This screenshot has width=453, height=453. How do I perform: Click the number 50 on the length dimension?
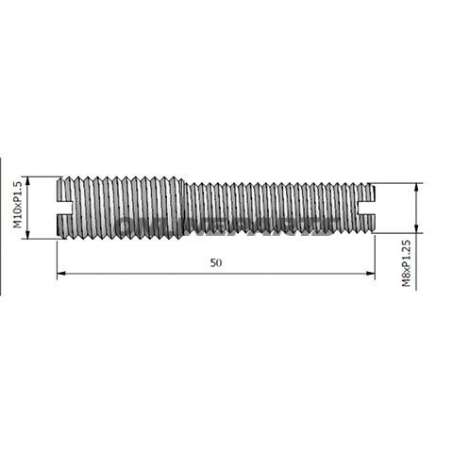[215, 263]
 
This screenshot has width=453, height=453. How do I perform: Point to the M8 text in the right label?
[407, 277]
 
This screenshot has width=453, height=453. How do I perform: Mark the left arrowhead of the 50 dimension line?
[61, 274]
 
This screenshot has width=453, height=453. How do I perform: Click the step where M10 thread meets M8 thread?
[179, 208]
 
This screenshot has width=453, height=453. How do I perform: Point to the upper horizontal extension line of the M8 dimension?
[396, 184]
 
